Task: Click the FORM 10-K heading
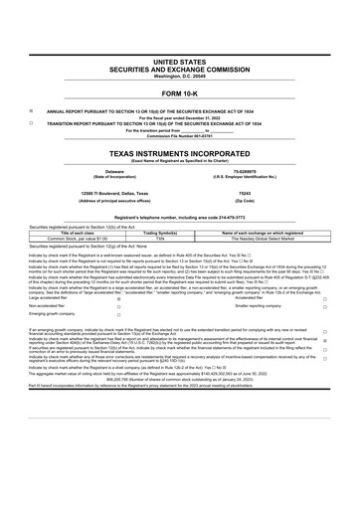[180, 92]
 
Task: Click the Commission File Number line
[180, 135]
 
